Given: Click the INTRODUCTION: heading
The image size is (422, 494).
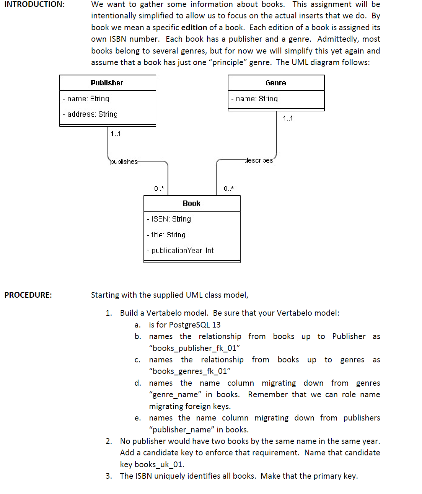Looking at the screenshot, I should click(34, 4).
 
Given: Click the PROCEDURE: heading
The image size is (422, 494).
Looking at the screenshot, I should click(28, 295).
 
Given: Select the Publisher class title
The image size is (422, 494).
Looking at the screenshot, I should click(107, 83).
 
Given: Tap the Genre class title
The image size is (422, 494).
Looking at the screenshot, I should click(275, 83).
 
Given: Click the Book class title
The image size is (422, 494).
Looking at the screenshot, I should click(191, 203).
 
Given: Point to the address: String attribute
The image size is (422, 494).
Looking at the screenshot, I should click(90, 114).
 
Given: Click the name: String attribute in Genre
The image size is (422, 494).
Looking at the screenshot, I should click(255, 98).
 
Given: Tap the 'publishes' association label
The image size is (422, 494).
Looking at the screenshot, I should click(124, 161).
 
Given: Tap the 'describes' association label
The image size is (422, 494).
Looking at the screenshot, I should click(259, 160).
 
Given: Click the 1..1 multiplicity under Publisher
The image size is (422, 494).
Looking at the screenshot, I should click(115, 134).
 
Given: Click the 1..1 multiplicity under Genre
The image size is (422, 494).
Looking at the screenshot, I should click(288, 118).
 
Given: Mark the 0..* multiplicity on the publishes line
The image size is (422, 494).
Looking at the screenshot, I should click(159, 188).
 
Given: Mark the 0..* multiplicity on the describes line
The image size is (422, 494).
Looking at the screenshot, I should click(228, 188).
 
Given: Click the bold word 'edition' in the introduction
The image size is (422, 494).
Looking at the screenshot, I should click(194, 28).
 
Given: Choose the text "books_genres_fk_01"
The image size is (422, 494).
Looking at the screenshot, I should click(190, 371).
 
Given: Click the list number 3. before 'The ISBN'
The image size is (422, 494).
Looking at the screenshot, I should click(109, 476).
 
